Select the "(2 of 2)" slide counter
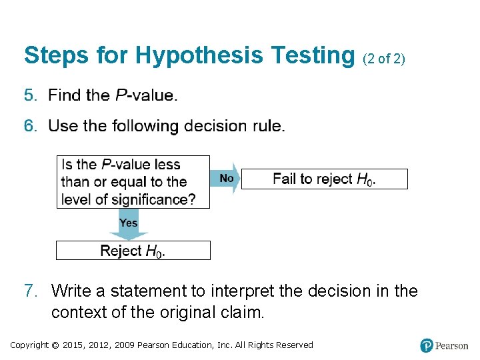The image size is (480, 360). (x=383, y=59)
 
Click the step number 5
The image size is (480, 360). (x=29, y=95)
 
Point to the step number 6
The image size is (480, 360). (x=29, y=126)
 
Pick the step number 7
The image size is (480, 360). (x=29, y=291)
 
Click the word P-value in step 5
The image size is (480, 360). (x=145, y=95)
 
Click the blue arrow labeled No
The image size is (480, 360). (x=225, y=179)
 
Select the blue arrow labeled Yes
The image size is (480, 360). (x=128, y=223)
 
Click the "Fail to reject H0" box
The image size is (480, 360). (x=324, y=179)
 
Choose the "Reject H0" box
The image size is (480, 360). (x=133, y=251)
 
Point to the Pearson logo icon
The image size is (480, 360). (x=427, y=345)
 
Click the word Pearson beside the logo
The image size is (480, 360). (x=452, y=345)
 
